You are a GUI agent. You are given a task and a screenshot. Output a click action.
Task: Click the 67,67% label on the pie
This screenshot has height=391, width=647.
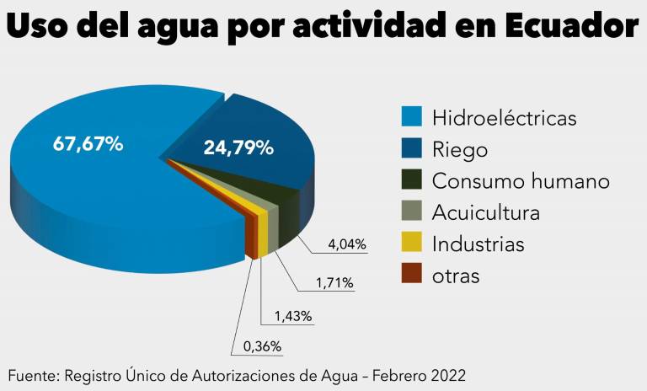(x=88, y=144)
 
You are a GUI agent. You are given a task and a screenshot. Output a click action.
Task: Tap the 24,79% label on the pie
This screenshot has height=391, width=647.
(x=238, y=148)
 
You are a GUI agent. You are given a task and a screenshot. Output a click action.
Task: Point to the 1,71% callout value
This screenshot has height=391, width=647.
(x=334, y=283)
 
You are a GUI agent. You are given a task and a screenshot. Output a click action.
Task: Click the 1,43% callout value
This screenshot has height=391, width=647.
(x=293, y=317)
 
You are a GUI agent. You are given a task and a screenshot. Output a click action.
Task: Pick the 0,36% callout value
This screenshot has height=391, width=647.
(x=262, y=346)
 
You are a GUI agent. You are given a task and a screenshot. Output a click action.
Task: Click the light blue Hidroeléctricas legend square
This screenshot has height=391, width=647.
(x=411, y=117)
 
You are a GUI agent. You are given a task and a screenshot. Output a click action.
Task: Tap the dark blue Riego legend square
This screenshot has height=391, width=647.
(x=411, y=149)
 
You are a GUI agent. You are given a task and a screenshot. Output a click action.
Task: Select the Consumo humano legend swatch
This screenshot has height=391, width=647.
(x=411, y=180)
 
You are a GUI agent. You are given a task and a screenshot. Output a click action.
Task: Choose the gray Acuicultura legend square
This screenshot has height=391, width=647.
(x=411, y=212)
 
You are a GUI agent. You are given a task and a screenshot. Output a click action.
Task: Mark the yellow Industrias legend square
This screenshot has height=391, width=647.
(x=411, y=244)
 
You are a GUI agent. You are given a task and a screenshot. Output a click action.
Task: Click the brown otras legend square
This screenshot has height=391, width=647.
(x=411, y=275)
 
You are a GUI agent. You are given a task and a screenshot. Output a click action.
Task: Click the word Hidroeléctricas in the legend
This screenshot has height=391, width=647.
(x=504, y=117)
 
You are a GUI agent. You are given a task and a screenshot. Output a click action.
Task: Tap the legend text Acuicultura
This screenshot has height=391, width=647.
(x=485, y=212)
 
